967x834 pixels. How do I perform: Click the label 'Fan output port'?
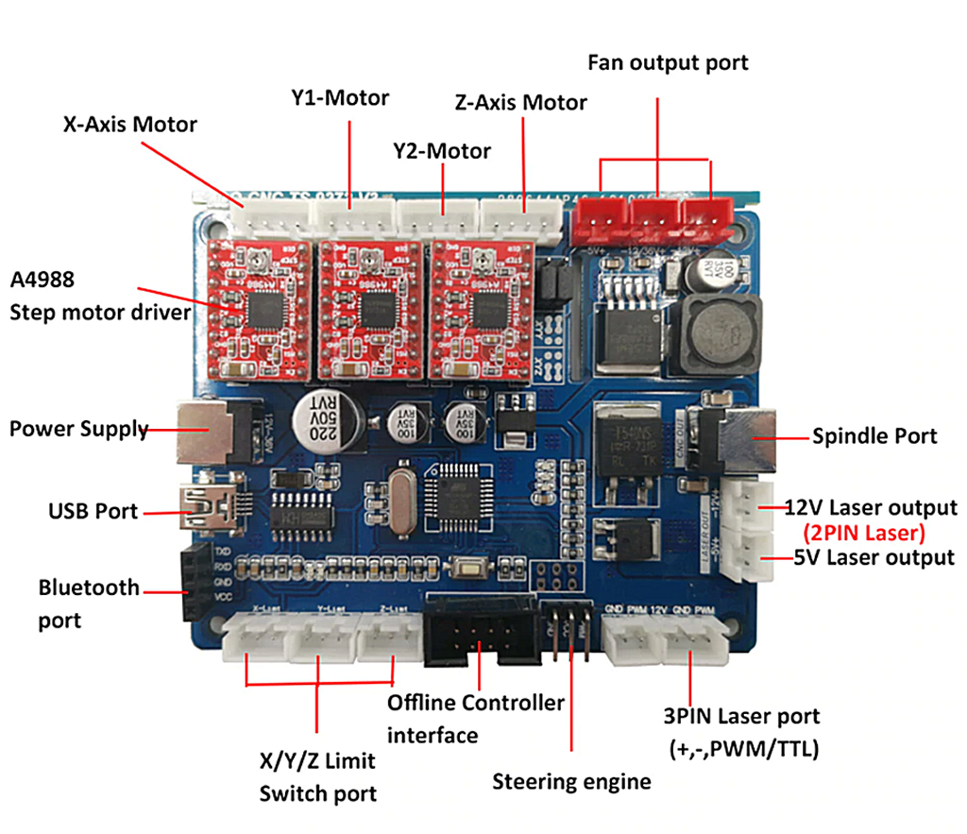pyautogui.click(x=667, y=63)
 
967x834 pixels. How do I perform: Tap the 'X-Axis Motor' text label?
pyautogui.click(x=129, y=124)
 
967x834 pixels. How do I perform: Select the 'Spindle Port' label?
pyautogui.click(x=874, y=435)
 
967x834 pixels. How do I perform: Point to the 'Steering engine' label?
pyautogui.click(x=571, y=781)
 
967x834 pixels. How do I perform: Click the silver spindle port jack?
pyautogui.click(x=749, y=438)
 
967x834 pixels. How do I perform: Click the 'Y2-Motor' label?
pyautogui.click(x=441, y=151)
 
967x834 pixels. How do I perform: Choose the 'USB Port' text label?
pyautogui.click(x=93, y=512)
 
